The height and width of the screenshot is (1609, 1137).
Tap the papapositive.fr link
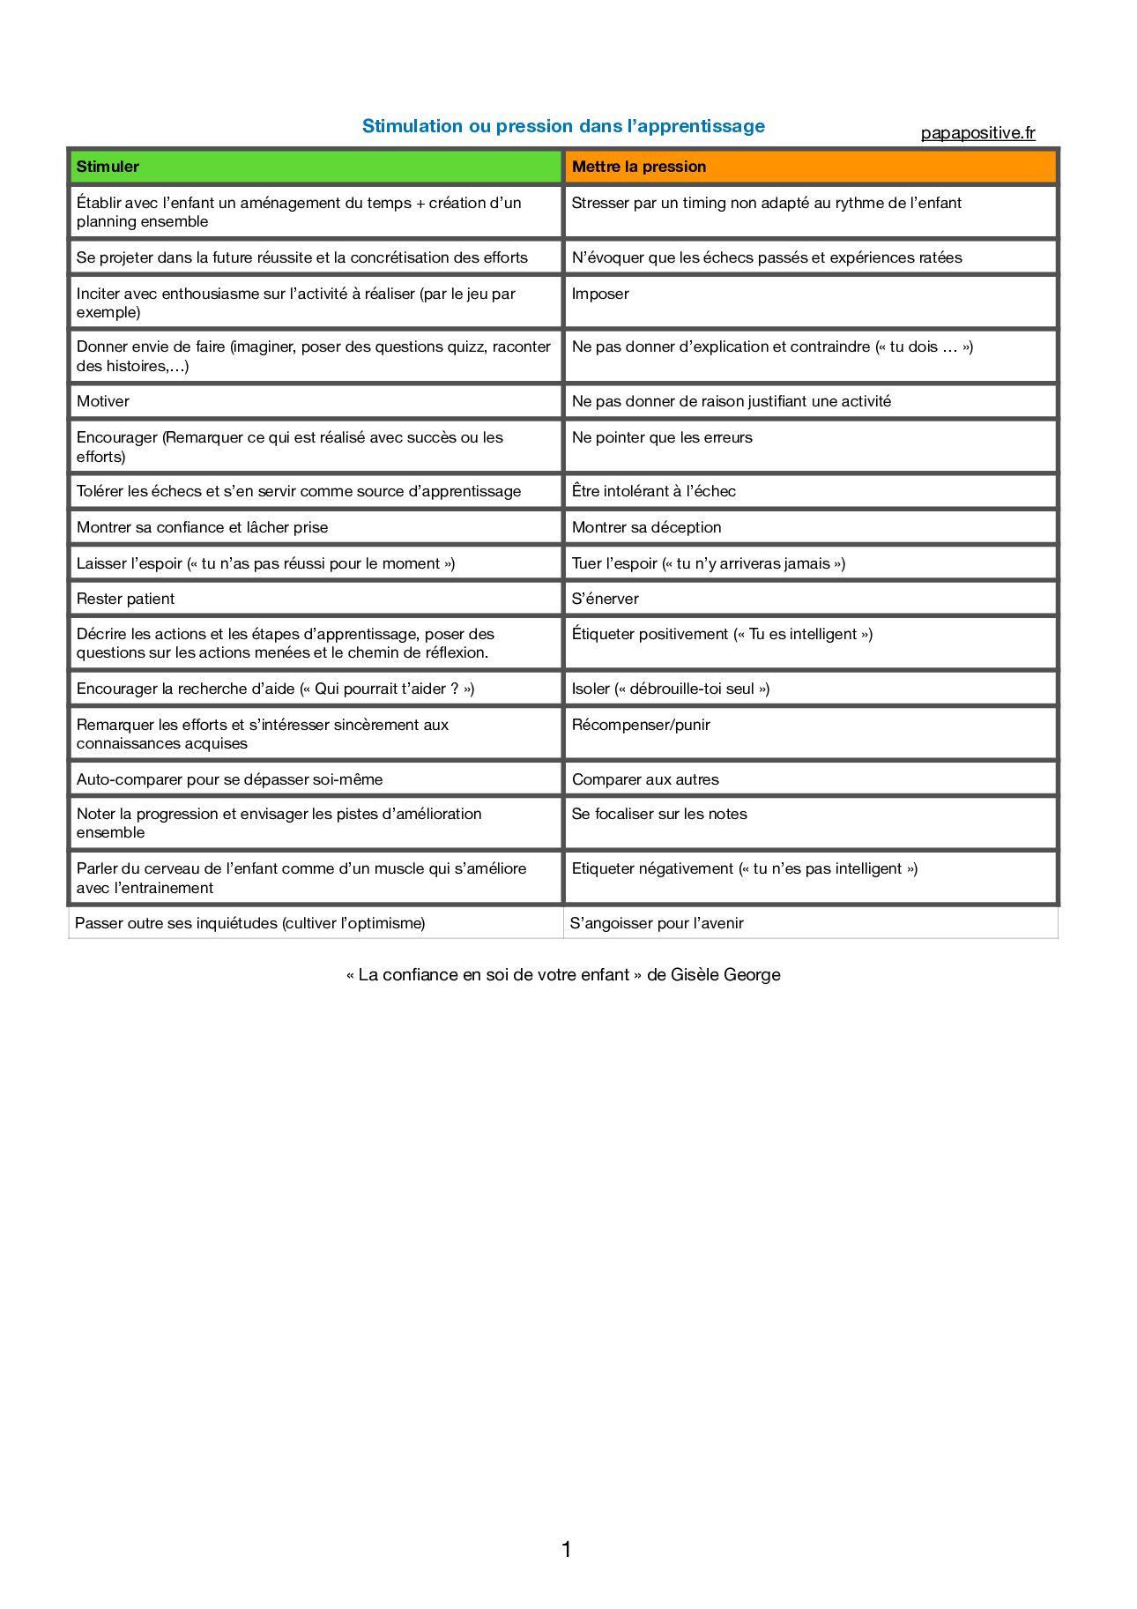tap(977, 133)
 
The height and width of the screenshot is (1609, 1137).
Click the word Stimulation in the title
tap(412, 126)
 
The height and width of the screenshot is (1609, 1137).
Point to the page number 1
tap(566, 1549)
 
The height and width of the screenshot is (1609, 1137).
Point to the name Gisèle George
tap(725, 974)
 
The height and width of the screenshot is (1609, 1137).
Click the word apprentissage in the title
tap(701, 126)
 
